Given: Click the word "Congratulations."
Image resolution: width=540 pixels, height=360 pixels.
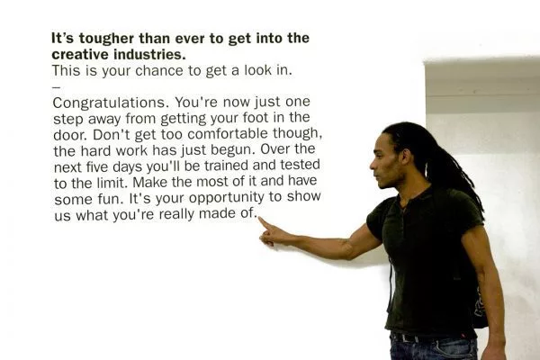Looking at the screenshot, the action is tap(112, 103).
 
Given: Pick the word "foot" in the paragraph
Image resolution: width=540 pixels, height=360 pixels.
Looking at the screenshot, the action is tap(256, 118).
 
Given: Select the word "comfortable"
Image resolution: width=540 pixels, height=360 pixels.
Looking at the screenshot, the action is tap(228, 134).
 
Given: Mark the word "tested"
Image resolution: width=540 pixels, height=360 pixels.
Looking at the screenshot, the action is tap(300, 165).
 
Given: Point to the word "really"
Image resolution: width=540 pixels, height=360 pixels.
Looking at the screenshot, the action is tap(176, 214).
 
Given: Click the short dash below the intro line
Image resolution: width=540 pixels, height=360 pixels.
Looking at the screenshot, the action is tap(57, 87).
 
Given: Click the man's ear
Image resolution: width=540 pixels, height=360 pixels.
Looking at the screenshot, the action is tap(406, 157).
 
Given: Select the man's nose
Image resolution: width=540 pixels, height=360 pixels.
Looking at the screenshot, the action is tap(373, 165).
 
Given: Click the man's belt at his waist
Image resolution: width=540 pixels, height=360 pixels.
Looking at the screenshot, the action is tap(433, 337).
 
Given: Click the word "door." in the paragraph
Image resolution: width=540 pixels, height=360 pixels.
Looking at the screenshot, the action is tap(70, 135).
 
